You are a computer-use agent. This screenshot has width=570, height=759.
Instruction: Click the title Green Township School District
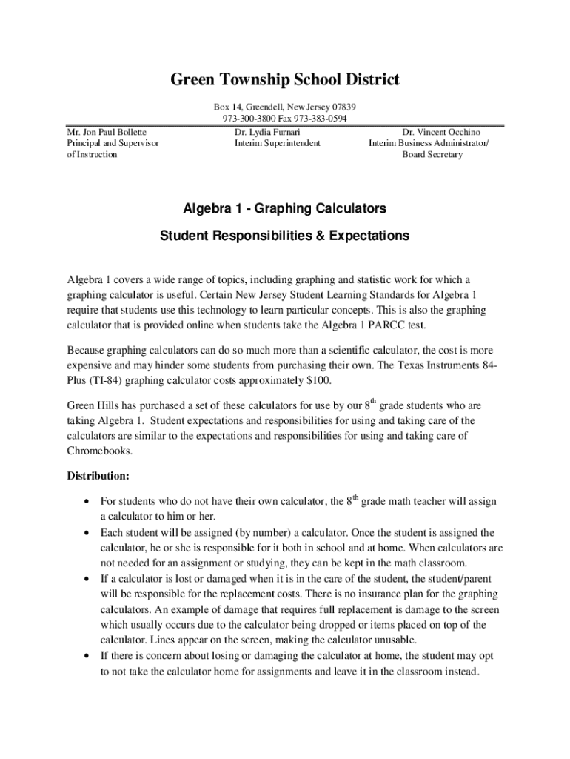coord(285,79)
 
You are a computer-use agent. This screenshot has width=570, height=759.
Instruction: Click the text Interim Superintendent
coord(278,143)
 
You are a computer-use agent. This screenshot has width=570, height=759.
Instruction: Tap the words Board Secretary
coord(432,154)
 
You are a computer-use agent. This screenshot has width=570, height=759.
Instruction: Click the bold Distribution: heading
coord(98,475)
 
